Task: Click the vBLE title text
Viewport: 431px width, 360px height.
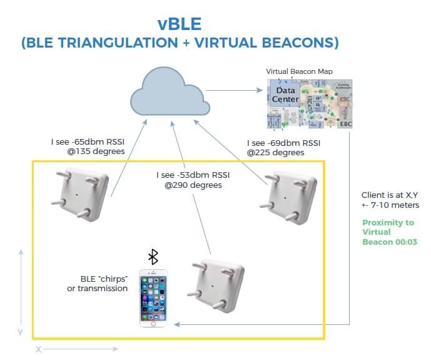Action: pyautogui.click(x=179, y=24)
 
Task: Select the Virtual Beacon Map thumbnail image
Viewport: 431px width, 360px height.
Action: pyautogui.click(x=309, y=104)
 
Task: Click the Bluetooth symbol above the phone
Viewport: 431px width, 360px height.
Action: pyautogui.click(x=153, y=257)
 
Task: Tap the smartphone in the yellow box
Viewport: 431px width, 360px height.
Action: pyautogui.click(x=153, y=297)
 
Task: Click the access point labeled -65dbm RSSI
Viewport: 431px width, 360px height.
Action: pyautogui.click(x=80, y=195)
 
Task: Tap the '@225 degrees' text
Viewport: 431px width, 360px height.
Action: pyautogui.click(x=276, y=152)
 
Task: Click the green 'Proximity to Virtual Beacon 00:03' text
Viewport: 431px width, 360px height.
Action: pyautogui.click(x=388, y=232)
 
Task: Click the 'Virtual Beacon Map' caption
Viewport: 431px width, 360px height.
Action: pyautogui.click(x=299, y=72)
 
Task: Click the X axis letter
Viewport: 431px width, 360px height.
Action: pyautogui.click(x=38, y=349)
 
